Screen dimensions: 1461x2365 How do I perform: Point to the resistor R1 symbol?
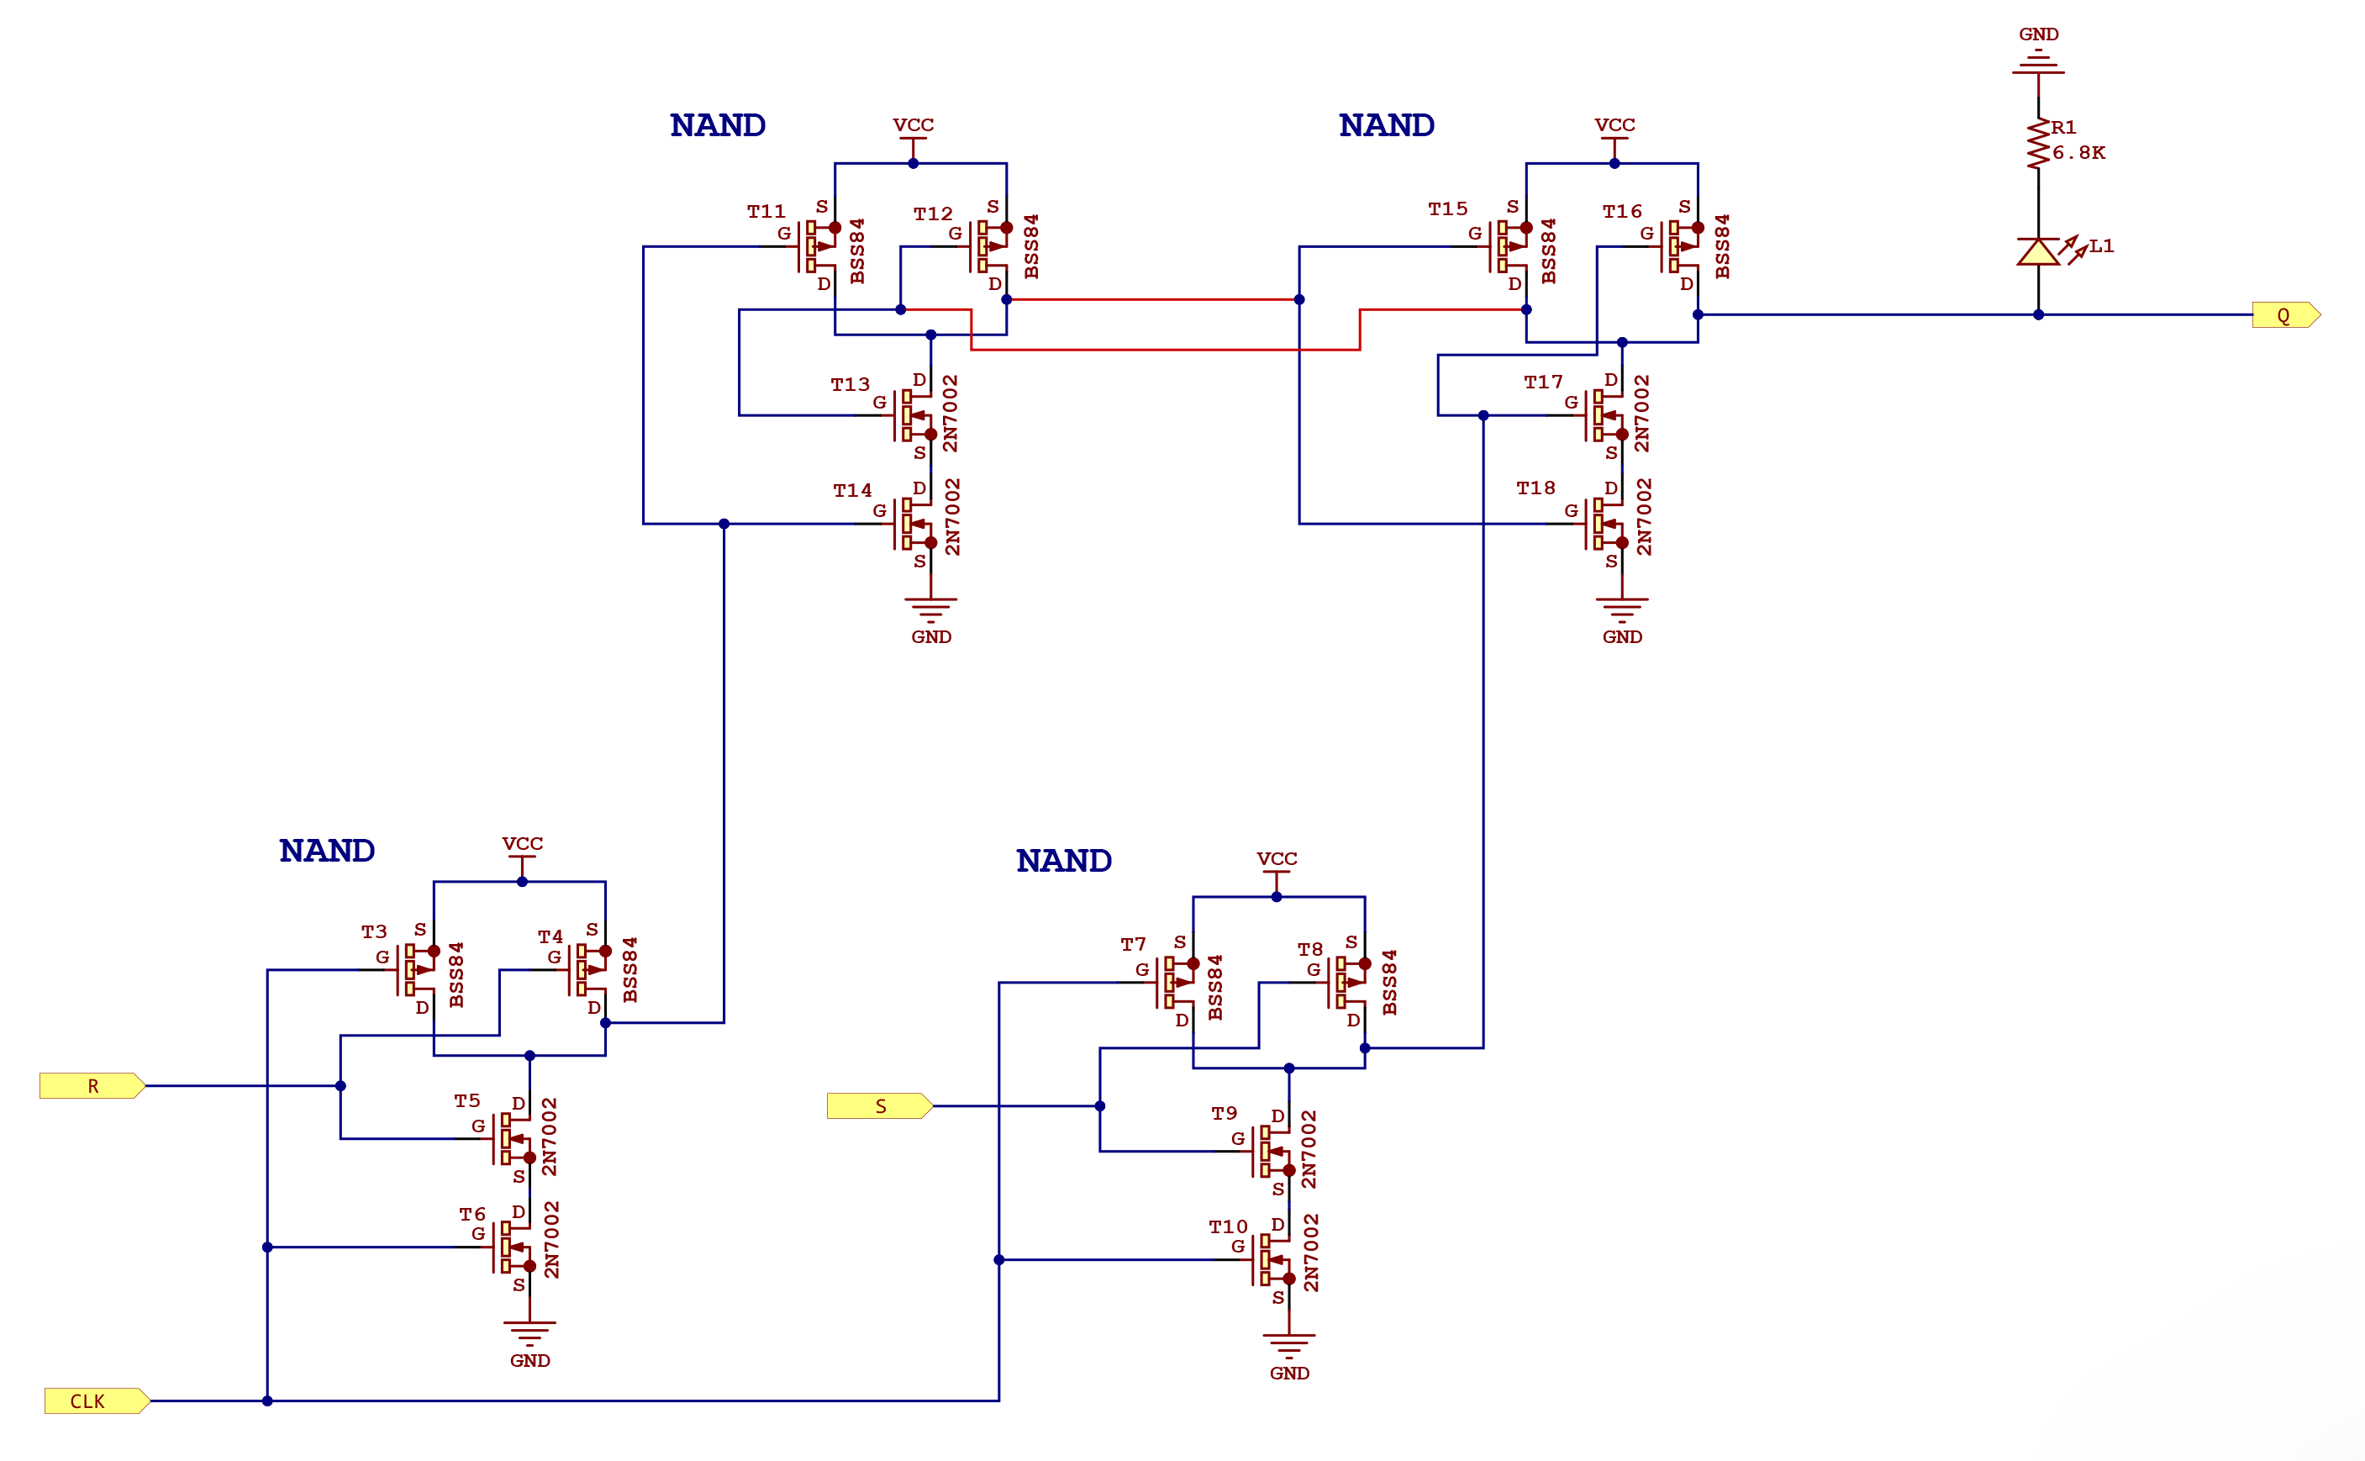[x=2037, y=145]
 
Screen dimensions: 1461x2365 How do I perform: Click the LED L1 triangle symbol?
[x=2037, y=252]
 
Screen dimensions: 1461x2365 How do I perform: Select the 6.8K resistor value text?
[x=2078, y=153]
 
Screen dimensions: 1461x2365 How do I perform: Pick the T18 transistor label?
[x=1535, y=488]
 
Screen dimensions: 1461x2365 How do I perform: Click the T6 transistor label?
[x=471, y=1214]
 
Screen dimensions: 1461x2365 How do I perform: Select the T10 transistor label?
[x=1228, y=1226]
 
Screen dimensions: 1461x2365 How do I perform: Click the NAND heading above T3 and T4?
[x=327, y=851]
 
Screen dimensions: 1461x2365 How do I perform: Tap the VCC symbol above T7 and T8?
[x=1277, y=866]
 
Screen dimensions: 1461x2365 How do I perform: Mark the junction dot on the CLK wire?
[x=266, y=1400]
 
